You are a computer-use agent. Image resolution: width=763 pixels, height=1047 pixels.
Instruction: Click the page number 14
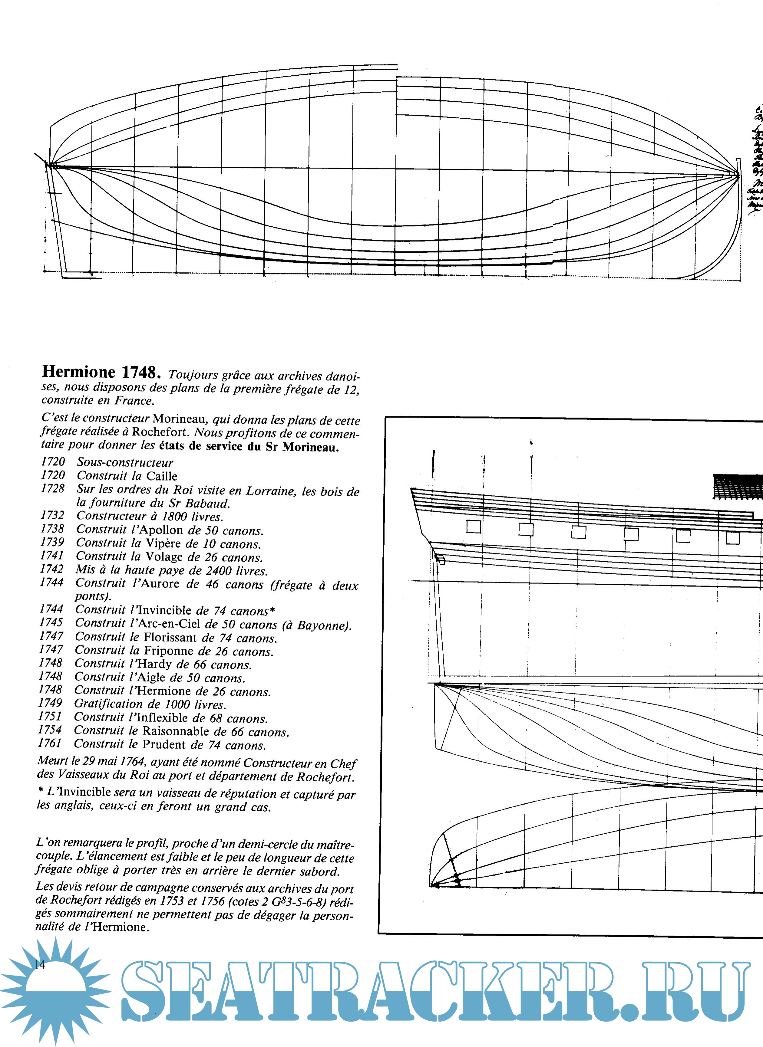(40, 965)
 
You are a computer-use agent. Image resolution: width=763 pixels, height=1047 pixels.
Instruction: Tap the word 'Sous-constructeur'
(125, 463)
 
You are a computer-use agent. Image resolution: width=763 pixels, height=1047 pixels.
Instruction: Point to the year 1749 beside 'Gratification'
(50, 703)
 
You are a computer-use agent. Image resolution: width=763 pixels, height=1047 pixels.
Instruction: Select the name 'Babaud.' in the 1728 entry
(207, 503)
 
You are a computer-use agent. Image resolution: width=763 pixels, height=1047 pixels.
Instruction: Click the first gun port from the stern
(474, 527)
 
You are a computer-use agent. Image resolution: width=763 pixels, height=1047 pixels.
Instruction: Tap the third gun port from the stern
(579, 532)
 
